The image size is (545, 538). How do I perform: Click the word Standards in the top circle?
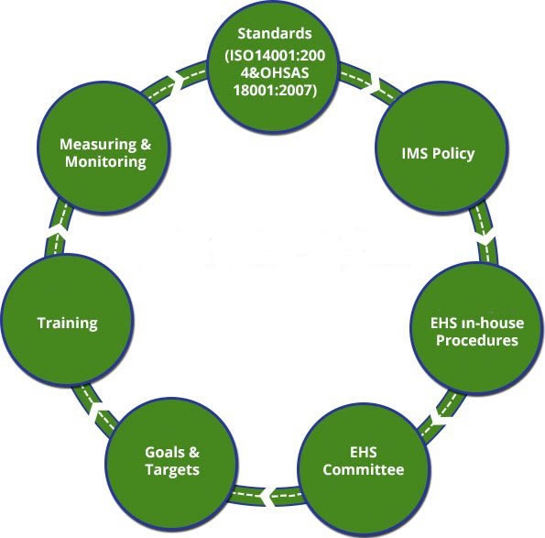tap(275, 33)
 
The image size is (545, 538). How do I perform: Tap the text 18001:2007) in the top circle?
tap(275, 90)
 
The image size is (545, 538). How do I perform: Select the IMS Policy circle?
tap(441, 148)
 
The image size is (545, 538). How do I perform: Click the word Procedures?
tap(477, 340)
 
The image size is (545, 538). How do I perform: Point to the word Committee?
tap(364, 469)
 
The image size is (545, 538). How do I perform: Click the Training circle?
tap(67, 320)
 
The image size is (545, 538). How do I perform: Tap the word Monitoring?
tap(105, 161)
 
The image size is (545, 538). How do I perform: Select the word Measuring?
tap(98, 144)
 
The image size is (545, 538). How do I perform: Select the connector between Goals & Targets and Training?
tap(93, 410)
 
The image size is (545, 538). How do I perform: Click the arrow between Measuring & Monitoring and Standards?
tap(175, 81)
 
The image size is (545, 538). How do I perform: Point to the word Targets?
tap(172, 470)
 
